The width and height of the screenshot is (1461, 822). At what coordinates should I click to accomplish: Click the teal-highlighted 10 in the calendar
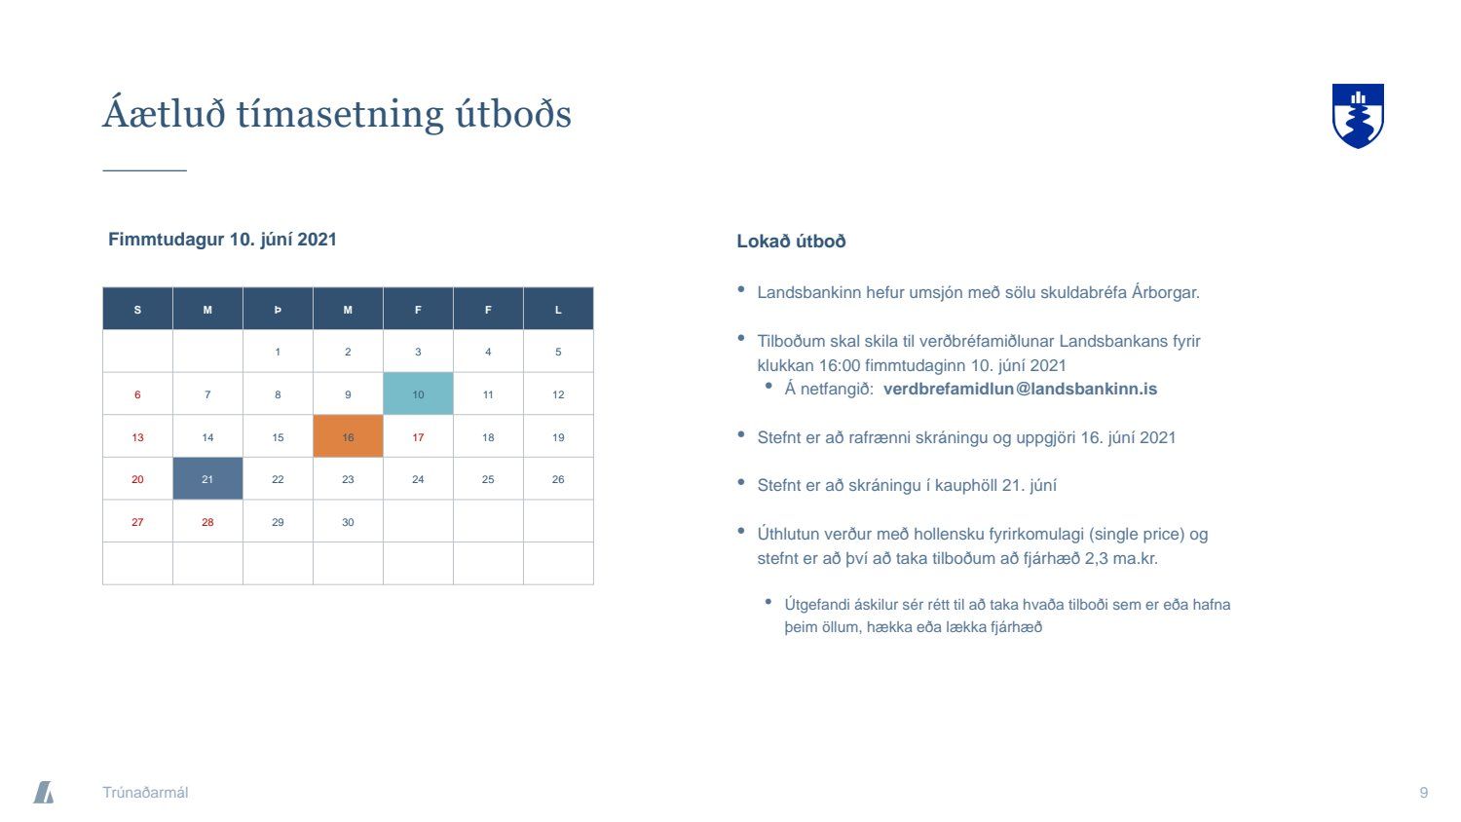pyautogui.click(x=418, y=394)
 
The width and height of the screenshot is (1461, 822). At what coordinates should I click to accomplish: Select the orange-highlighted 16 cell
pyautogui.click(x=348, y=436)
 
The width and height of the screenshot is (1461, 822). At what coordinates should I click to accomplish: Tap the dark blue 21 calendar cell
pyautogui.click(x=207, y=479)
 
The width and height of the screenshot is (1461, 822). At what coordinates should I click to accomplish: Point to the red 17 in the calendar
pyautogui.click(x=418, y=437)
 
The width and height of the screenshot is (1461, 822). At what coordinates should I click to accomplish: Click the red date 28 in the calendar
pyautogui.click(x=207, y=522)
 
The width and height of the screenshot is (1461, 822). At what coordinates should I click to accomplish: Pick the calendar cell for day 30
pyautogui.click(x=348, y=521)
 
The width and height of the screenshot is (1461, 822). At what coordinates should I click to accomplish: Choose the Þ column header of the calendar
pyautogui.click(x=278, y=309)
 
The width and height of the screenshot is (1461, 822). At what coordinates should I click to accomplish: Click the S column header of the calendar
pyautogui.click(x=137, y=309)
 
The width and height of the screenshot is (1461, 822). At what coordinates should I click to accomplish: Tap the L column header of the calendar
pyautogui.click(x=558, y=309)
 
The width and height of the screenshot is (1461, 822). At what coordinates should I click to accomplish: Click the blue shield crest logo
pyautogui.click(x=1358, y=116)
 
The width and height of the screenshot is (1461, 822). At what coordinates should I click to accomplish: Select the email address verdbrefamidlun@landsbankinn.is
pyautogui.click(x=1020, y=389)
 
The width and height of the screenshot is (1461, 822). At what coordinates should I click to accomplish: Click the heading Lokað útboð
pyautogui.click(x=791, y=242)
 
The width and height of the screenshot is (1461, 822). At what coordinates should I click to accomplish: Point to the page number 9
pyautogui.click(x=1424, y=792)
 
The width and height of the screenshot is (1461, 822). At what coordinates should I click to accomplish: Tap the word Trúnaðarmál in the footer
pyautogui.click(x=145, y=792)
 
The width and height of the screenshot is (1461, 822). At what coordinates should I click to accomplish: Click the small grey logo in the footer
pyautogui.click(x=44, y=792)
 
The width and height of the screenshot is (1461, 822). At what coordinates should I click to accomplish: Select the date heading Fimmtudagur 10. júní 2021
pyautogui.click(x=222, y=240)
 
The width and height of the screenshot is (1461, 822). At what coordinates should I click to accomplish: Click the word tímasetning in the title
pyautogui.click(x=339, y=114)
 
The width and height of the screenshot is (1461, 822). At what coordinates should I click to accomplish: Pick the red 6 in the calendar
pyautogui.click(x=137, y=394)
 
